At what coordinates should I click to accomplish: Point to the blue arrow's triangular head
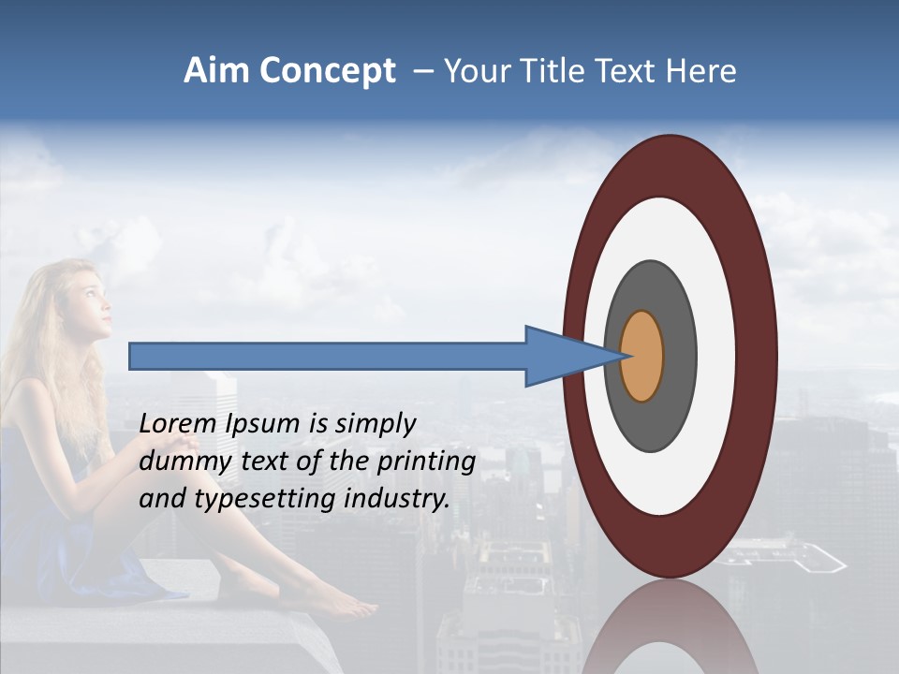click(x=562, y=357)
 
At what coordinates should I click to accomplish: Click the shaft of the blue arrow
click(x=328, y=357)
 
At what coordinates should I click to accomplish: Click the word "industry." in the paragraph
click(x=397, y=498)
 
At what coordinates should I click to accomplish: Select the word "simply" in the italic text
click(x=375, y=424)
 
